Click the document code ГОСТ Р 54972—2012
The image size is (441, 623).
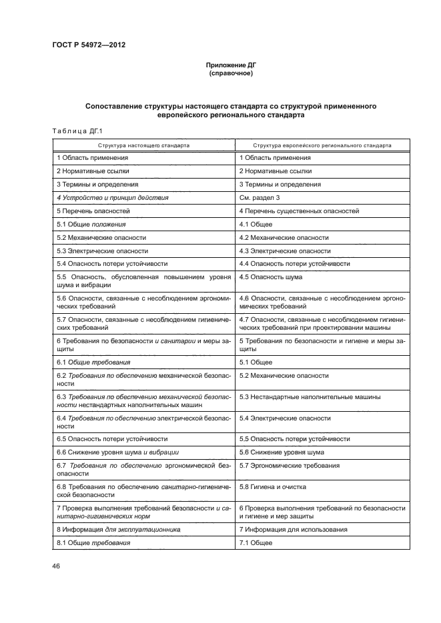88,45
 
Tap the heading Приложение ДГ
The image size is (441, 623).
230,65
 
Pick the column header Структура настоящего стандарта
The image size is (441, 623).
143,145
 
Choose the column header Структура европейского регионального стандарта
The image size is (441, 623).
322,145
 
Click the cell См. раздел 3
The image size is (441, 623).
260,198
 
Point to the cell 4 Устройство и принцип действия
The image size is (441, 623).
112,198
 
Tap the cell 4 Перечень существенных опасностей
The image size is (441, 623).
299,211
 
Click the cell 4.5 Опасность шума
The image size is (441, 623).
270,277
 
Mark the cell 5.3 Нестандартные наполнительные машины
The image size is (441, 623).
310,397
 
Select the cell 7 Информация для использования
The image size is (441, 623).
293,529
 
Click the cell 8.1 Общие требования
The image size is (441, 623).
93,543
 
